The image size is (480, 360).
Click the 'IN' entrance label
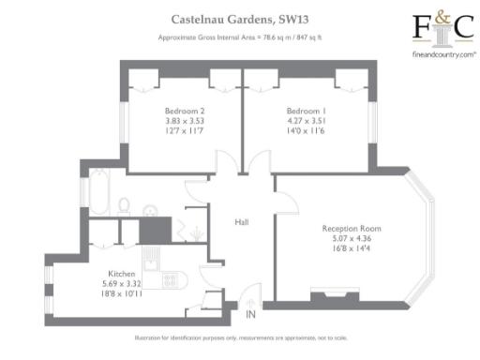[250, 315]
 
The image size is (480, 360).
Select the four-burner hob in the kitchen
[171, 278]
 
